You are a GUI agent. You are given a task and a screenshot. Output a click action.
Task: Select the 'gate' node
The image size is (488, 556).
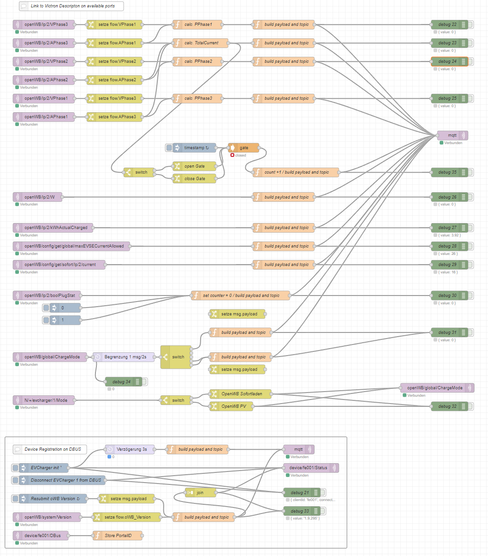[x=244, y=148]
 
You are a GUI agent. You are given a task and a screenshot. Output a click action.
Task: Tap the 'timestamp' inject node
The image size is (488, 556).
[x=194, y=148]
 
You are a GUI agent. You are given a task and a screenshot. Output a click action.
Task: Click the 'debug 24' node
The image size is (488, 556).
[x=447, y=61]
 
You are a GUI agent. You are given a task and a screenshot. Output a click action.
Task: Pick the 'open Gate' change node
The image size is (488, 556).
[x=195, y=166]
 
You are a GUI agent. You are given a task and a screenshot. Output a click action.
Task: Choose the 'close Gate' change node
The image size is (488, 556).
[x=195, y=179]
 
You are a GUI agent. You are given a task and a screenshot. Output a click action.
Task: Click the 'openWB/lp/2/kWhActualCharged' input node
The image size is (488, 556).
[x=54, y=228]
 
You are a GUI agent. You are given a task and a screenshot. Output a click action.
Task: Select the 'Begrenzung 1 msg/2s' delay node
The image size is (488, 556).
[x=124, y=357]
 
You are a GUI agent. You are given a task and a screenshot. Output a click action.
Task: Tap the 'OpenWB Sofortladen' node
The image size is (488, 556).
[x=241, y=394]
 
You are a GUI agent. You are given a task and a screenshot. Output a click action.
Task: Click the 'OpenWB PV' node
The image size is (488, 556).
[x=234, y=406]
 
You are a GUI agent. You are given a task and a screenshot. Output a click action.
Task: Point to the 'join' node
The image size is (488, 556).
[x=200, y=493]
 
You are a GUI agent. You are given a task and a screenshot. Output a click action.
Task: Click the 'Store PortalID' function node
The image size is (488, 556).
[x=118, y=536]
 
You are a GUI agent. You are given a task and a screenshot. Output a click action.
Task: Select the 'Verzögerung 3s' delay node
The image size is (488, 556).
[x=130, y=449]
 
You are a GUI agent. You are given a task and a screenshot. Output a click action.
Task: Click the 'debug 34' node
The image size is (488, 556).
[x=122, y=382]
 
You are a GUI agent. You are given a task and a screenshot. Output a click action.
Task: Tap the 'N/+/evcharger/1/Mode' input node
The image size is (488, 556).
[x=44, y=400]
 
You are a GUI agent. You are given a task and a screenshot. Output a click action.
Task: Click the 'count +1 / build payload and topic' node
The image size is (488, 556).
[x=296, y=172]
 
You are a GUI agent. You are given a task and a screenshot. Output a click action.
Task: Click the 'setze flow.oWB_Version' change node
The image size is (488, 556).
[x=128, y=517]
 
